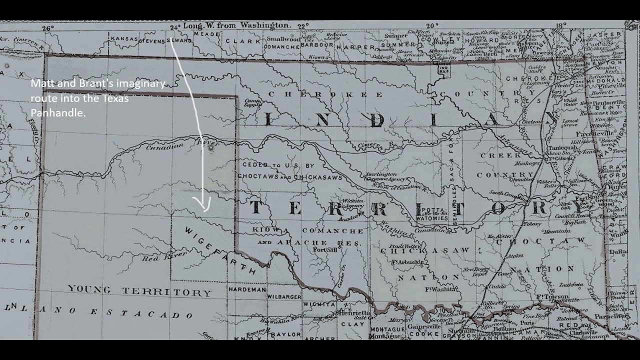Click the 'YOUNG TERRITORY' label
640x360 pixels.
click(x=139, y=290)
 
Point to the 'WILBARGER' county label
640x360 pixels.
click(x=284, y=296)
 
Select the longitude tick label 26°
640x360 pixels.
click(x=48, y=28)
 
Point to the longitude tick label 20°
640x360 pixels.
click(x=432, y=25)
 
